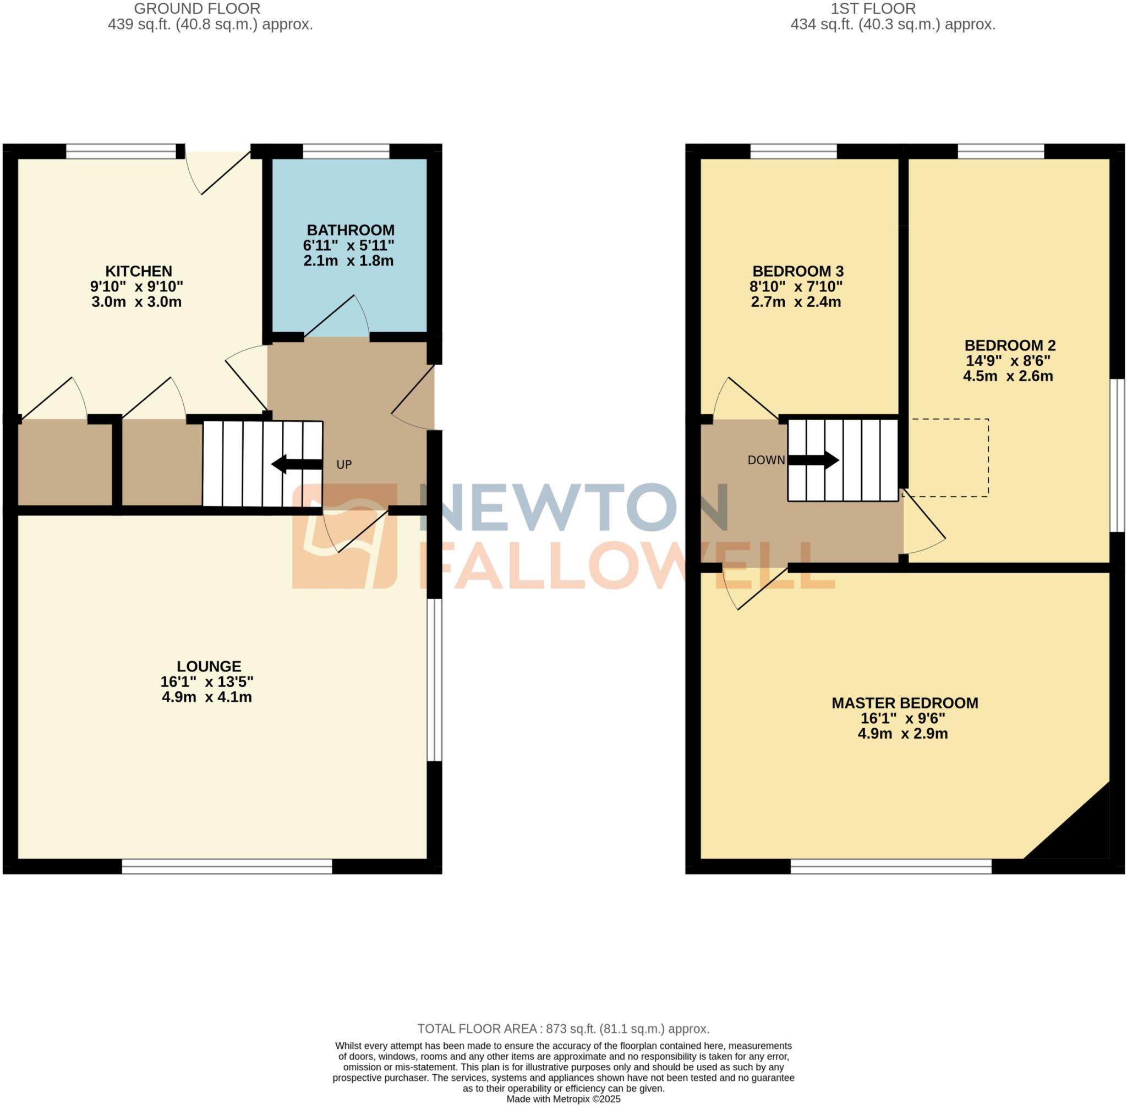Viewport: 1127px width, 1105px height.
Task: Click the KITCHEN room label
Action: (x=138, y=271)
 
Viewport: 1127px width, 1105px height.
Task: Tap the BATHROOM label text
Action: (x=350, y=230)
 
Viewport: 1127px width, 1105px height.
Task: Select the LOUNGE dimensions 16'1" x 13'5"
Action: (x=207, y=681)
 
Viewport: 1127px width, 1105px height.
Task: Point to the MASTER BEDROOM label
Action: (x=904, y=703)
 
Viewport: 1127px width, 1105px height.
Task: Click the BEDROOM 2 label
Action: (x=1009, y=345)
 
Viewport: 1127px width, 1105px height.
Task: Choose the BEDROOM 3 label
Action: (x=797, y=271)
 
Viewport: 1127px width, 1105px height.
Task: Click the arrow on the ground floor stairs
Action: (x=296, y=464)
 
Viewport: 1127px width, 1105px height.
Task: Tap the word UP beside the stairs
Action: (x=344, y=465)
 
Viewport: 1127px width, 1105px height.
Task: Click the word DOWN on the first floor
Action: (x=765, y=460)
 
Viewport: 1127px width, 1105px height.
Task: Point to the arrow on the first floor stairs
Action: (x=813, y=460)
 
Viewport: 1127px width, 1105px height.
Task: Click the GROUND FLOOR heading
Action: (x=197, y=9)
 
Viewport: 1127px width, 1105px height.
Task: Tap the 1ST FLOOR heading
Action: (x=872, y=9)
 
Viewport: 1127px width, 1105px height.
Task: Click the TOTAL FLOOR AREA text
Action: (x=562, y=1029)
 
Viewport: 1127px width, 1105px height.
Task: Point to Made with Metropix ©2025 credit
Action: (x=562, y=1099)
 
